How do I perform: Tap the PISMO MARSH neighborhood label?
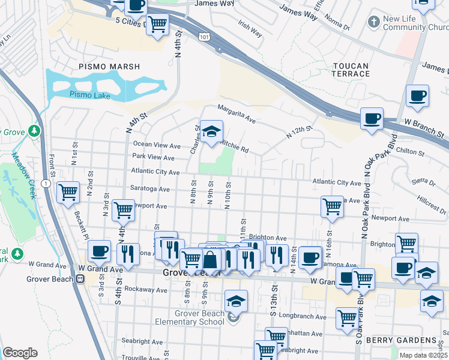pos(109,67)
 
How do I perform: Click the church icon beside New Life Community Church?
pos(374,22)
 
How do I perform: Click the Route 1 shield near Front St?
pos(47,182)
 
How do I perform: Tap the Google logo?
pos(20,353)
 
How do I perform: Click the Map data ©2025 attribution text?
pos(423,355)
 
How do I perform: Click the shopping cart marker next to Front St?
pos(68,193)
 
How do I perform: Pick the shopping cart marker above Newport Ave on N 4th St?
pos(123,210)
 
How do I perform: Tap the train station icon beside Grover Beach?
pos(80,278)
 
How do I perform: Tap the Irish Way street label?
pos(250,28)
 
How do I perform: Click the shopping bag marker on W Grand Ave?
pos(211,260)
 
